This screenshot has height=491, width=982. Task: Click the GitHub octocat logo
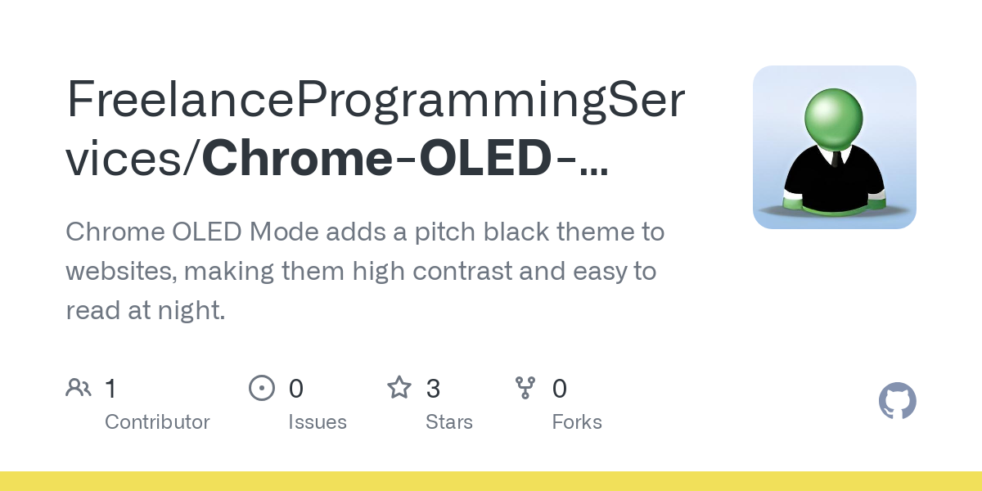[x=898, y=401]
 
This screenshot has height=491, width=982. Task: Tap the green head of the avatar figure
[x=834, y=119]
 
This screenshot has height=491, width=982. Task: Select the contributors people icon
[x=79, y=388]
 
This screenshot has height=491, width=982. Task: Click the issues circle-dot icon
[x=262, y=388]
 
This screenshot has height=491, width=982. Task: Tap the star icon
[x=399, y=388]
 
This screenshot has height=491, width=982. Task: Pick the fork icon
[x=525, y=388]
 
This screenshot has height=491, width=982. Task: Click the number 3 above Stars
[x=433, y=389]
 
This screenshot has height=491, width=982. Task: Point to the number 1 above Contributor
[x=111, y=389]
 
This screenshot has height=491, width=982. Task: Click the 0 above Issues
[x=296, y=389]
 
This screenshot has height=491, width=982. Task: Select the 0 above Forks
[x=560, y=389]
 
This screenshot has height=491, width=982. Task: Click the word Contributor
[x=157, y=422]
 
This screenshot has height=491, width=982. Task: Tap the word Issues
[x=318, y=422]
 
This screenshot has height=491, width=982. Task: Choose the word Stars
[x=449, y=422]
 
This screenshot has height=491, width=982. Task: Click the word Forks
[x=577, y=422]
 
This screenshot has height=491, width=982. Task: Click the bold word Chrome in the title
[x=298, y=158]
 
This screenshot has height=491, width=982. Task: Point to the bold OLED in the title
[x=485, y=158]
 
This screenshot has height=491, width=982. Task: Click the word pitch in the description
[x=445, y=232]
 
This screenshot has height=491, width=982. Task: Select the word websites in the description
[x=121, y=271]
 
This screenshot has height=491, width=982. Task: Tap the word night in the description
[x=191, y=310]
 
